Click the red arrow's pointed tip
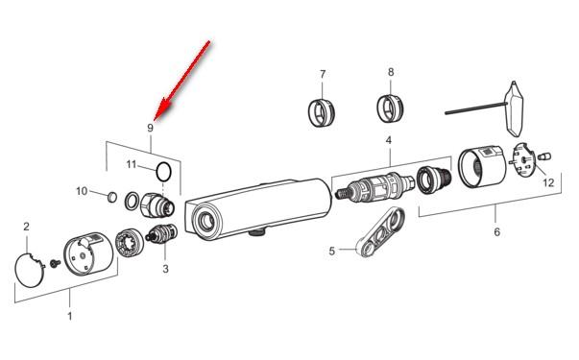155,120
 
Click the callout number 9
150,128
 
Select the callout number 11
132,164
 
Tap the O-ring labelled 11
163,172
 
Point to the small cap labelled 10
112,197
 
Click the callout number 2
26,227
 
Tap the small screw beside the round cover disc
56,263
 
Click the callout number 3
165,269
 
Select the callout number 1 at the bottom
70,316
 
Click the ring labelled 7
321,112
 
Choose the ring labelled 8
390,109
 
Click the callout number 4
389,140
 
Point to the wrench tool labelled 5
380,232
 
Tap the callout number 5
332,252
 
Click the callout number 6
497,232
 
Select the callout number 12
548,182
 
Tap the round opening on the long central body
205,221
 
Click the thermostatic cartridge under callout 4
375,188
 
